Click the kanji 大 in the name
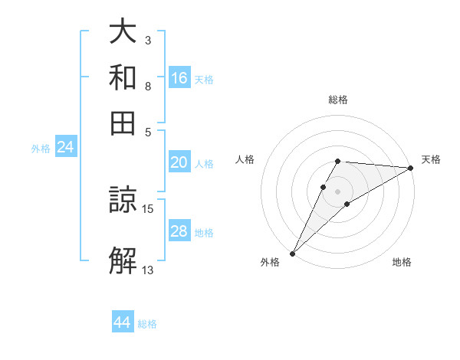pos(123,33)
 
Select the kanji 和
pos(123,77)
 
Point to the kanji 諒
pos(123,201)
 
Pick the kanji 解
pos(123,260)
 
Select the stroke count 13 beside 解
pos(148,269)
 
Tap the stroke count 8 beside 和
pos(148,86)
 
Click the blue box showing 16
pos(179,77)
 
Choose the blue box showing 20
pos(179,162)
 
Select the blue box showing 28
pos(179,231)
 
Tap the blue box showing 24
pos(65,147)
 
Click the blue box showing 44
pos(123,322)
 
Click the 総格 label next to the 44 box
pos(147,324)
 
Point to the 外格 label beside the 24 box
pos(41,149)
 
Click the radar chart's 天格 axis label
pos(431,159)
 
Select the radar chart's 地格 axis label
pos(402,263)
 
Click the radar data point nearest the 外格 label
pos(292,253)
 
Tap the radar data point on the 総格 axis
pos(337,161)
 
